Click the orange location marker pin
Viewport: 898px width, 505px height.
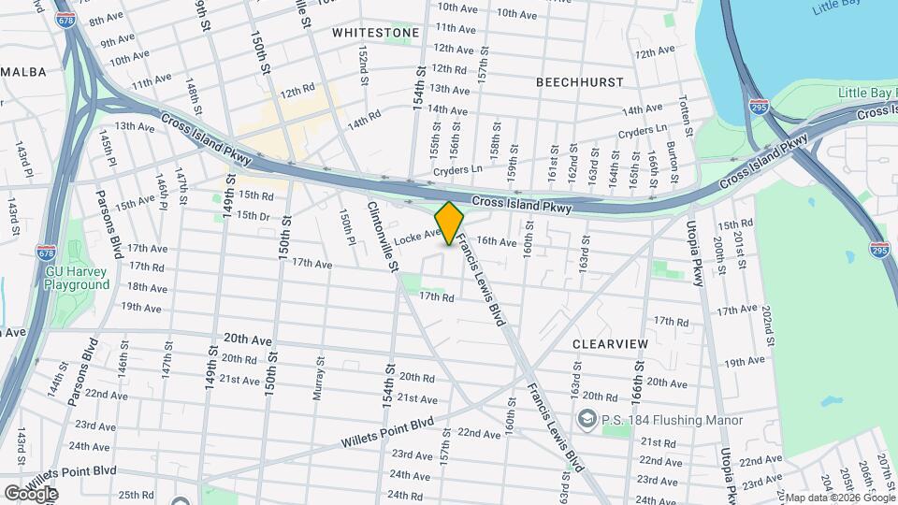(450, 224)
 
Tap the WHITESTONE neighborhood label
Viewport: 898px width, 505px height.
(376, 33)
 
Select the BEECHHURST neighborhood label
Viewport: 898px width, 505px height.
(580, 82)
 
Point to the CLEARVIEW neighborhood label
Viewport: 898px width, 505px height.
(610, 344)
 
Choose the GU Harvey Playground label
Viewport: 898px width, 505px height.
(77, 279)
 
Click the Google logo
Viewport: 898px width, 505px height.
(31, 493)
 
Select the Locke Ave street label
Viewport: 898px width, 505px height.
(417, 238)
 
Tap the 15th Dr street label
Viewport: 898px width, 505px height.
(253, 215)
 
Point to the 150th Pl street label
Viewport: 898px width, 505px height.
(349, 227)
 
